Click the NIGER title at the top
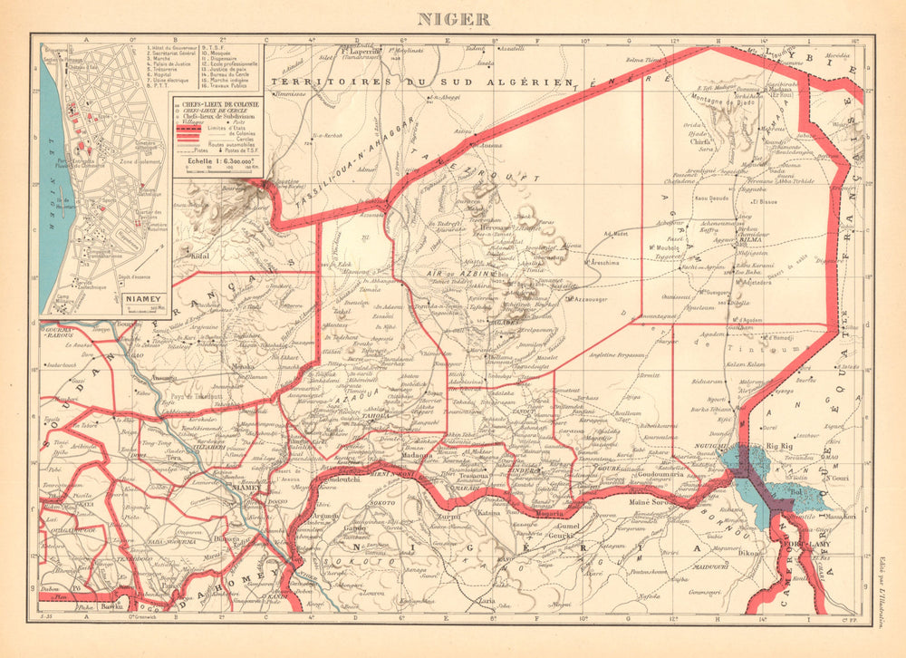pos(453,17)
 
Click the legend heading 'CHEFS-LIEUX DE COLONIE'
pos(222,106)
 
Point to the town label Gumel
pos(566,526)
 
